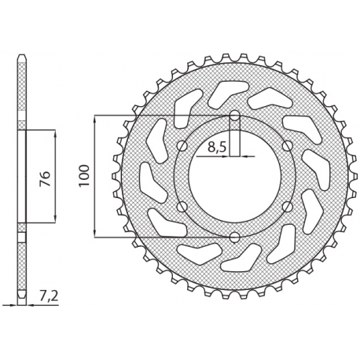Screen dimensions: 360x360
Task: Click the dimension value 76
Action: click(x=46, y=176)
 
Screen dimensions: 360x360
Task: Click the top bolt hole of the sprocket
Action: click(x=234, y=117)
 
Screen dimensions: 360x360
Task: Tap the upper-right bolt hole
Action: click(x=285, y=147)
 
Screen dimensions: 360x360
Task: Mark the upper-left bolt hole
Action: click(x=183, y=147)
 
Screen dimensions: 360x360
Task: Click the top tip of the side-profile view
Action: click(x=23, y=57)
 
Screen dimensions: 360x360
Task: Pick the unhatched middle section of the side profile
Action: click(x=23, y=176)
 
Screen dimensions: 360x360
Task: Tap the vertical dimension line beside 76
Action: click(x=56, y=197)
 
